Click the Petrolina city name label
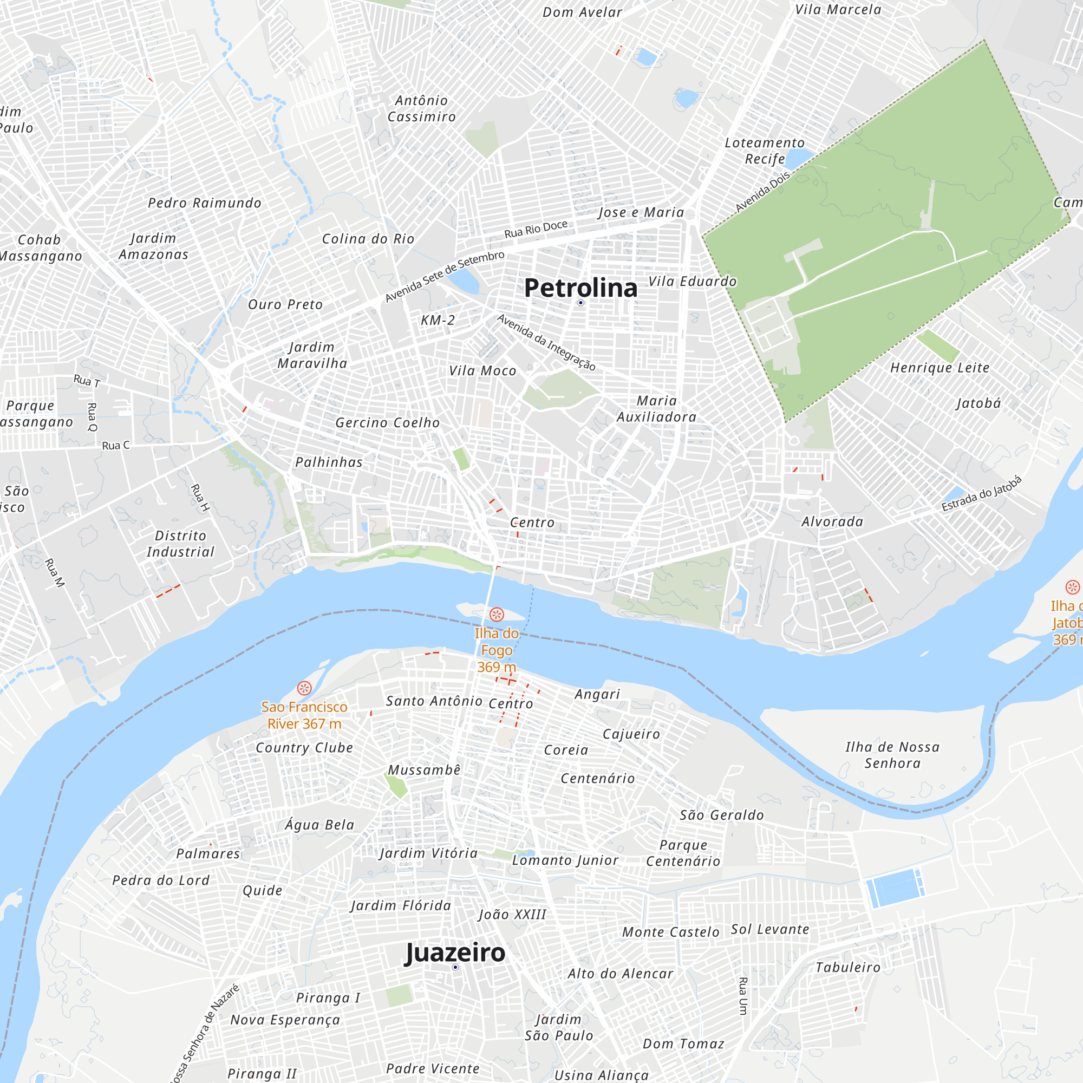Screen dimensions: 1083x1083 (580, 288)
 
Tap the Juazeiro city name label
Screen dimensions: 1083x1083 (455, 952)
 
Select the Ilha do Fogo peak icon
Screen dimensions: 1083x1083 (497, 615)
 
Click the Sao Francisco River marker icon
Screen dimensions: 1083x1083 (304, 688)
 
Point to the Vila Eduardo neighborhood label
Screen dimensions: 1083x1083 (692, 282)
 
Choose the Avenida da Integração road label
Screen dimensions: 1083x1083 (546, 343)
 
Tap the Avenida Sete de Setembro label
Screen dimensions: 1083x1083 (445, 276)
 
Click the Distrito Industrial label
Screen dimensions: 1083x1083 (180, 544)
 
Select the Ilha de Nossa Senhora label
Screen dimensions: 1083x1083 (892, 755)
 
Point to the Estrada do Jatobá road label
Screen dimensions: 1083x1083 (981, 494)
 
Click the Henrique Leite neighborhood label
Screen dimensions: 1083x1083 (940, 368)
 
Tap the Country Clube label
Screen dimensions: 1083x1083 (304, 748)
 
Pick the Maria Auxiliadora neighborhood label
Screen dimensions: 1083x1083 (656, 409)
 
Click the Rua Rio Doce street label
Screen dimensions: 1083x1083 (536, 229)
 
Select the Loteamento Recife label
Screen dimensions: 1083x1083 (765, 151)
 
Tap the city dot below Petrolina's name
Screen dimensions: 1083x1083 (580, 303)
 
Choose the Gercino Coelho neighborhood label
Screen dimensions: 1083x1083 (387, 423)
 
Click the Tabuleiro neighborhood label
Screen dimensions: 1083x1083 (847, 968)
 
